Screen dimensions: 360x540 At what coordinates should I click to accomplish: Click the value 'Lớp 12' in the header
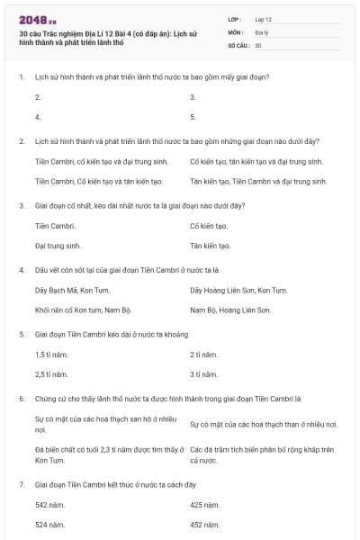(264, 19)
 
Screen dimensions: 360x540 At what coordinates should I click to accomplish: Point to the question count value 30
(258, 45)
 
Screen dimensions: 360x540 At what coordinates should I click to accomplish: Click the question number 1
(22, 77)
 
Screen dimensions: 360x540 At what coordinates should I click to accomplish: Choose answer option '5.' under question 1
(193, 117)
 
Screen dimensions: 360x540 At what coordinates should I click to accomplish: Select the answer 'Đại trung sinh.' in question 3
(58, 245)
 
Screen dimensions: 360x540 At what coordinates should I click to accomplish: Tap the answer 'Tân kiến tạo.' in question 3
(211, 245)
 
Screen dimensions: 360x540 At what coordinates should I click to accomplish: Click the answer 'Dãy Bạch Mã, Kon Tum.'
(72, 290)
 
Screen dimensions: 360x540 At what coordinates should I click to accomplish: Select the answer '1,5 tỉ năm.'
(51, 355)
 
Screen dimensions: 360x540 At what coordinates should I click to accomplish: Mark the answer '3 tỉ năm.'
(204, 374)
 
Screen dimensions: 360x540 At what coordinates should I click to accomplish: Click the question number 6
(22, 398)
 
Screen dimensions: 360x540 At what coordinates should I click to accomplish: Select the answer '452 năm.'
(205, 524)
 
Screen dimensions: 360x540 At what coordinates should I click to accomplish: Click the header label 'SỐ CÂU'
(238, 45)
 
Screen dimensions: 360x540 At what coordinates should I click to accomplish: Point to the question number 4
(22, 270)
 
